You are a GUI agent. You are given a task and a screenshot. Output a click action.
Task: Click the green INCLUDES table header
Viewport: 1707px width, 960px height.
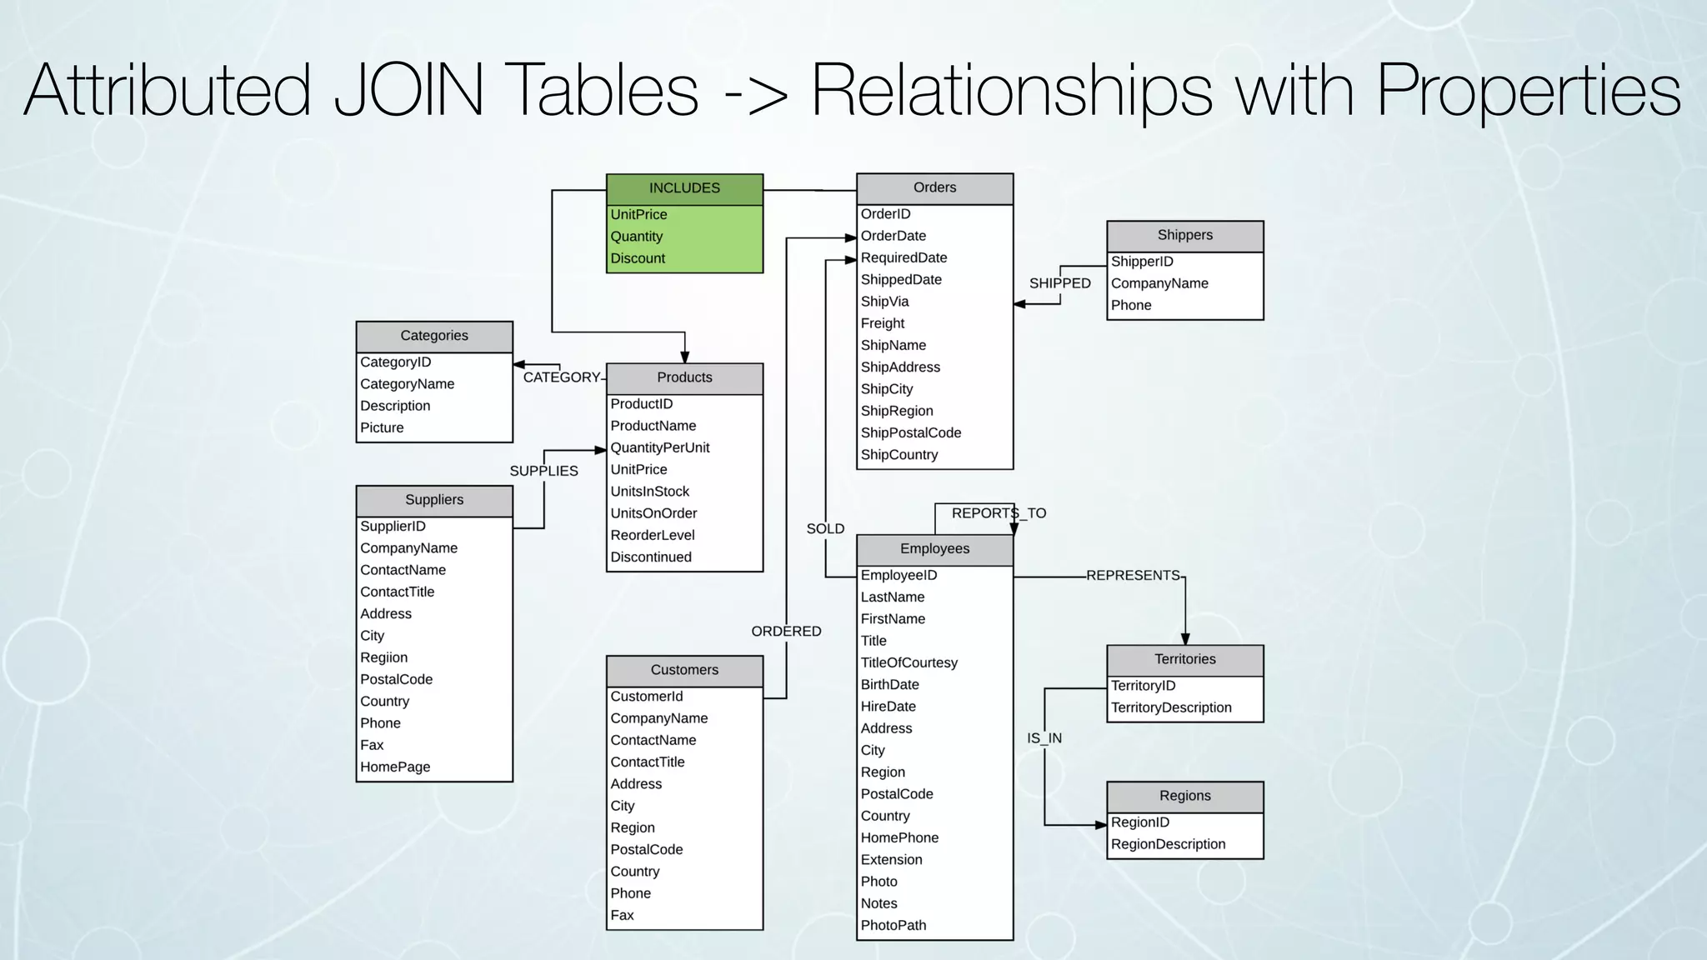684,188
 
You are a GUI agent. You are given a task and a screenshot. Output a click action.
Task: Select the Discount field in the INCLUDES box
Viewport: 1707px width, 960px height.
638,258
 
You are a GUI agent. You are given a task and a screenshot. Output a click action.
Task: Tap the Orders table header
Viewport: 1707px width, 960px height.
934,187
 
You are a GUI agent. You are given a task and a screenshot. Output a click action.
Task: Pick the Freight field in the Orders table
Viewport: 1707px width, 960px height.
883,323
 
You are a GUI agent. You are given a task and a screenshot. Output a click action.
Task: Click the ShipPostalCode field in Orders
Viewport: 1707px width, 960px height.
911,432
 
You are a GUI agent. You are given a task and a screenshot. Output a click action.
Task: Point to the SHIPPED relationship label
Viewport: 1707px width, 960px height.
1059,283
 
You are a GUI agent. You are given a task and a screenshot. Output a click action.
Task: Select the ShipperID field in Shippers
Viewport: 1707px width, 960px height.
1142,262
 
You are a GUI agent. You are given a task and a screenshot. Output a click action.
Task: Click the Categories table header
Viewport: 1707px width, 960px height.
434,336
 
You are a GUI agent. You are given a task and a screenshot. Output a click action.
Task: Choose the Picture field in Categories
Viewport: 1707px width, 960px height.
382,427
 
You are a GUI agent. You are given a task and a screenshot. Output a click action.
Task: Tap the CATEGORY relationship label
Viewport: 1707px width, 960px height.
562,377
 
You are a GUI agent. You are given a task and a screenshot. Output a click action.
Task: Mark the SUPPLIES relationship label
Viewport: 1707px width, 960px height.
543,471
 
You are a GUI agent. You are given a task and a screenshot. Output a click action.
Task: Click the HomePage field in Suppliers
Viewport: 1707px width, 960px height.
395,767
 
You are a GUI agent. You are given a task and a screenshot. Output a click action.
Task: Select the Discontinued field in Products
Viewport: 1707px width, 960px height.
651,557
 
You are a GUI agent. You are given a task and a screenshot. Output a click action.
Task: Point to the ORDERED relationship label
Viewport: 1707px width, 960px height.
786,632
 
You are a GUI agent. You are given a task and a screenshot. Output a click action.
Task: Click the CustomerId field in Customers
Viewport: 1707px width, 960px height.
647,697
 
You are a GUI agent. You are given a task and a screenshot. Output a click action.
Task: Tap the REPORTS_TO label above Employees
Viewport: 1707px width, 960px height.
999,513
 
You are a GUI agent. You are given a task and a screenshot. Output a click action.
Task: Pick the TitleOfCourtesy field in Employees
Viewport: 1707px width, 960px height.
909,662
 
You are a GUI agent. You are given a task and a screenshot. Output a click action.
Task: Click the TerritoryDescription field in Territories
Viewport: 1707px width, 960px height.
1171,707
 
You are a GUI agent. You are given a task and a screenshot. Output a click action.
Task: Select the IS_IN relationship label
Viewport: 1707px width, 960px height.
1044,738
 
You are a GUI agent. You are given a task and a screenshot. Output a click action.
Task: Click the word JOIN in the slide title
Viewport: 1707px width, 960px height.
408,90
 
